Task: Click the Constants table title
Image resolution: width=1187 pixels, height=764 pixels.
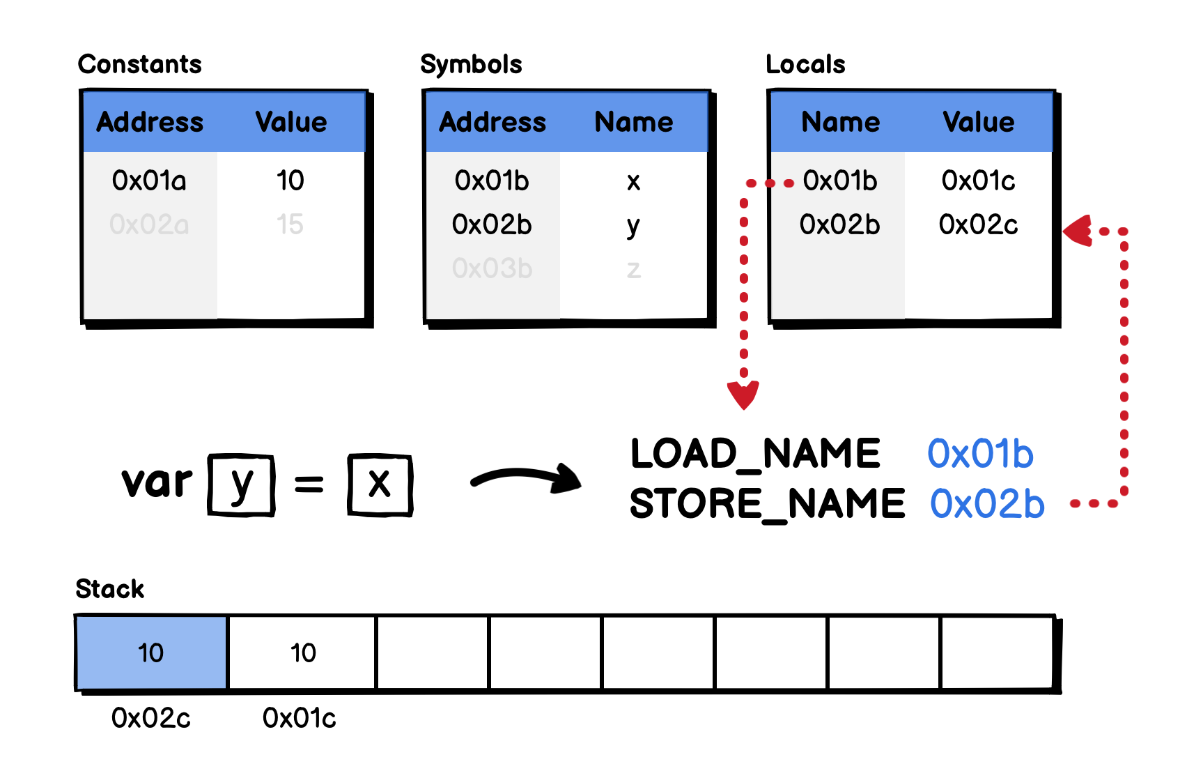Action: tap(140, 64)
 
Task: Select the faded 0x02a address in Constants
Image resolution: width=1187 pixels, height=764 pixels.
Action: tap(149, 224)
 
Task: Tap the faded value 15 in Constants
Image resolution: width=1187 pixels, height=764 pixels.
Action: tap(290, 224)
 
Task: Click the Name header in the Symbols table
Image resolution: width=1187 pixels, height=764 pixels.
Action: tap(634, 122)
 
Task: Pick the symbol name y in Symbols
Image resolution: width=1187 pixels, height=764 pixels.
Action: tap(633, 226)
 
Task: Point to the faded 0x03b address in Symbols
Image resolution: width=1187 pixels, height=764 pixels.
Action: tap(492, 268)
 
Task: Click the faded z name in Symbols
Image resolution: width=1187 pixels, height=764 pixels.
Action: tap(633, 269)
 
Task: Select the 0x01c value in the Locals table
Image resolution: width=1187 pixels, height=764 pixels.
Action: tap(978, 181)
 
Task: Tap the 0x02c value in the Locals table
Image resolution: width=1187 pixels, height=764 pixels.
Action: tap(978, 224)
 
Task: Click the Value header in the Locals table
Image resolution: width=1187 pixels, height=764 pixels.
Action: tap(978, 122)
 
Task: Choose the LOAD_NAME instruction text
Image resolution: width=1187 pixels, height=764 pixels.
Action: tap(755, 454)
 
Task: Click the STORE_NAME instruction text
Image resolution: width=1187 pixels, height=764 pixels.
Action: tap(767, 503)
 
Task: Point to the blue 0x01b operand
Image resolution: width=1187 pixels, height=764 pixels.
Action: tap(980, 454)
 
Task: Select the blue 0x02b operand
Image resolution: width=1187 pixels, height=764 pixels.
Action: tap(987, 503)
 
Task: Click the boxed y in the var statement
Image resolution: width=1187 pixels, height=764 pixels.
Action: tap(241, 484)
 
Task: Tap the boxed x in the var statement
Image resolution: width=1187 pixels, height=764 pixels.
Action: tap(380, 484)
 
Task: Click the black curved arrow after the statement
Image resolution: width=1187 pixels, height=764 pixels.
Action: tap(527, 478)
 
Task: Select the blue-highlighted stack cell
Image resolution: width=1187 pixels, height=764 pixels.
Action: tap(151, 652)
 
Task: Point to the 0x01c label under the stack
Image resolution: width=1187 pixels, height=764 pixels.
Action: tap(299, 718)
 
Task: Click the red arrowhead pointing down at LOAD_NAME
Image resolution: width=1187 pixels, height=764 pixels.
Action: tap(743, 395)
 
